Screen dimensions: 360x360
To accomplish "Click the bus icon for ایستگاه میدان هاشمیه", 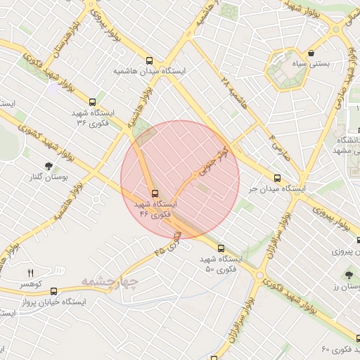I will [x=148, y=61].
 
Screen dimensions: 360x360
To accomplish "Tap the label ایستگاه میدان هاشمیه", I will [x=148, y=72].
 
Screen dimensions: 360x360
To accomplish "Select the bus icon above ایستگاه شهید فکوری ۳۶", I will [x=93, y=102].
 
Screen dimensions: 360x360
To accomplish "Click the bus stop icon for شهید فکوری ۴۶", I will [x=155, y=193].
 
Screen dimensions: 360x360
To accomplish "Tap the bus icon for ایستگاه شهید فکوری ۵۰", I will [x=221, y=248].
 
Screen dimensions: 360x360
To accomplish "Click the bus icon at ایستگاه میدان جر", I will [x=277, y=179].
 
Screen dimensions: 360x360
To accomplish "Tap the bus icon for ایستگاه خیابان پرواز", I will [x=54, y=291].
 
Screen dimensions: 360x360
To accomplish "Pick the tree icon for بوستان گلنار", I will [x=49, y=166].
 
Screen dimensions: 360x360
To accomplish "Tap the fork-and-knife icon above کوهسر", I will [x=30, y=273].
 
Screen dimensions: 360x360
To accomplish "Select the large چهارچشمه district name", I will [x=111, y=282].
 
